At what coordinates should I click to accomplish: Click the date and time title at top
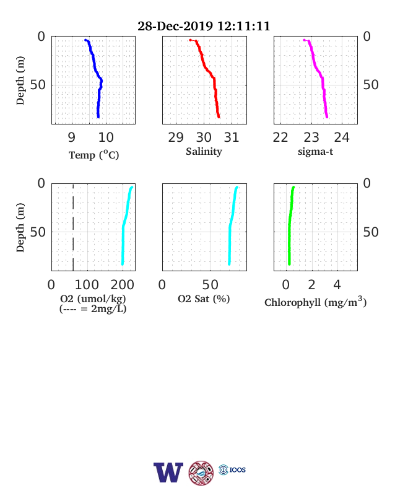tap(204, 26)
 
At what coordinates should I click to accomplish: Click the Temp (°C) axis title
tap(93, 155)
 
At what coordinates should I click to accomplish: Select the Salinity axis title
tap(204, 152)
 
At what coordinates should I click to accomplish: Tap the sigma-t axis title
tap(315, 152)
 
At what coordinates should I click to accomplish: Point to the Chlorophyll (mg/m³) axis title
tap(315, 302)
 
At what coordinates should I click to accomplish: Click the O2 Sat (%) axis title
tap(204, 298)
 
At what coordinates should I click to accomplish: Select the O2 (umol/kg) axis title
tap(93, 298)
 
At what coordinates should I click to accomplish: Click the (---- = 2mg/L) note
tap(93, 309)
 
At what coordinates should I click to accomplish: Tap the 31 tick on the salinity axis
tap(232, 137)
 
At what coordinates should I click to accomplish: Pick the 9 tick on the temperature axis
tap(72, 137)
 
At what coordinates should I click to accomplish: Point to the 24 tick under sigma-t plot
tap(342, 137)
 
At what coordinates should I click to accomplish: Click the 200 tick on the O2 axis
tap(122, 284)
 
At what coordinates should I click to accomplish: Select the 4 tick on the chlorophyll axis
tap(337, 284)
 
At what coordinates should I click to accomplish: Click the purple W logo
tap(168, 473)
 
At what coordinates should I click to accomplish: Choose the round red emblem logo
tap(201, 473)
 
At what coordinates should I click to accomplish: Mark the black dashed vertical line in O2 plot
tap(73, 227)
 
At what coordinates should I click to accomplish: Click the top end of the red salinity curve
tap(190, 40)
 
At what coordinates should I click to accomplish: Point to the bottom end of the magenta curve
tap(326, 116)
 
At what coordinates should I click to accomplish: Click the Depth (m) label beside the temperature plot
tap(20, 81)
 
